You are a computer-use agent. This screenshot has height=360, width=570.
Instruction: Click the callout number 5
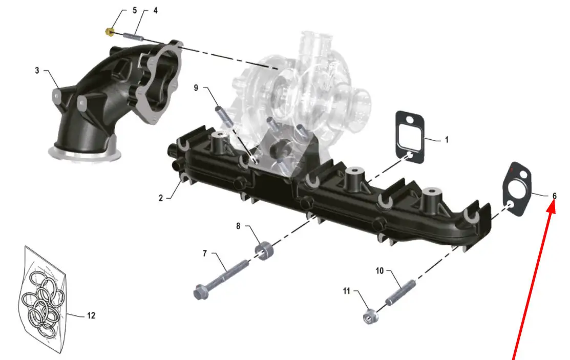pyautogui.click(x=135, y=10)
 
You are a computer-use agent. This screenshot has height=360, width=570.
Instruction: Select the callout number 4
pyautogui.click(x=156, y=10)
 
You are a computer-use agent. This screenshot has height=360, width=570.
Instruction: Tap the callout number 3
pyautogui.click(x=37, y=70)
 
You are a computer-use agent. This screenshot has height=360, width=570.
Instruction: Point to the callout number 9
pyautogui.click(x=196, y=88)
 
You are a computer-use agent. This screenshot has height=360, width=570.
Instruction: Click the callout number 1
pyautogui.click(x=447, y=140)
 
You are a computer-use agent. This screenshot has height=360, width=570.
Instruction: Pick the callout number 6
pyautogui.click(x=554, y=196)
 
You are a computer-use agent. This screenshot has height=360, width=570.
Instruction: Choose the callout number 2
pyautogui.click(x=161, y=198)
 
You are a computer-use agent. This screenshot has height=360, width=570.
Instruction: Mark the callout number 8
pyautogui.click(x=238, y=226)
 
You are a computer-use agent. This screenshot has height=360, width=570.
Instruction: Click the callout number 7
pyautogui.click(x=205, y=253)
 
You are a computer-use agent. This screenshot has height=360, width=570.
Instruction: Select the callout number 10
pyautogui.click(x=379, y=271)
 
